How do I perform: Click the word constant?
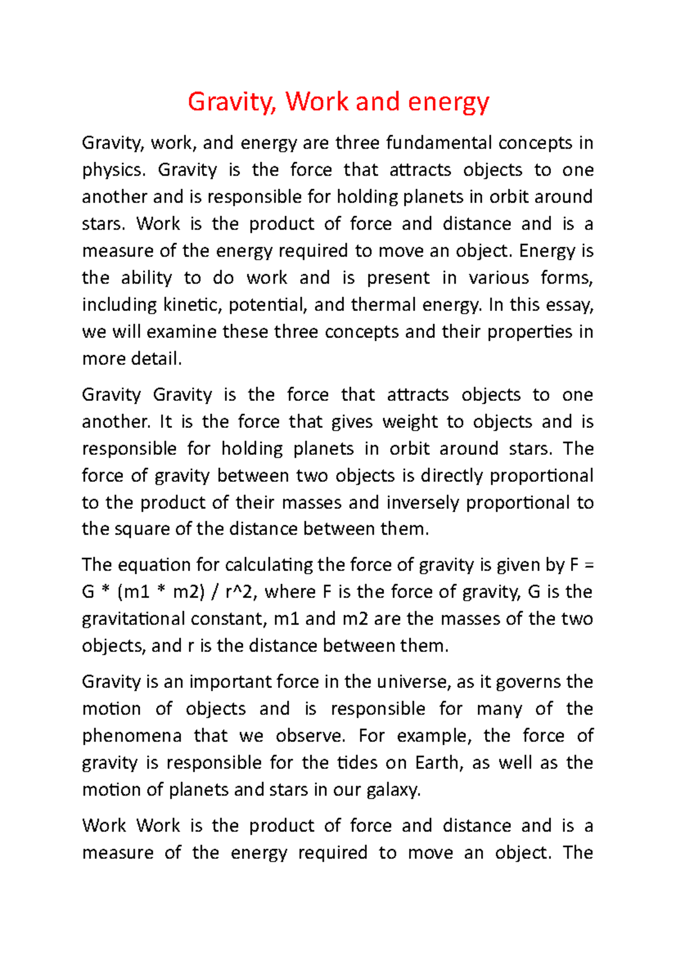pyautogui.click(x=228, y=619)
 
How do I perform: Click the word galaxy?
pyautogui.click(x=394, y=790)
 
